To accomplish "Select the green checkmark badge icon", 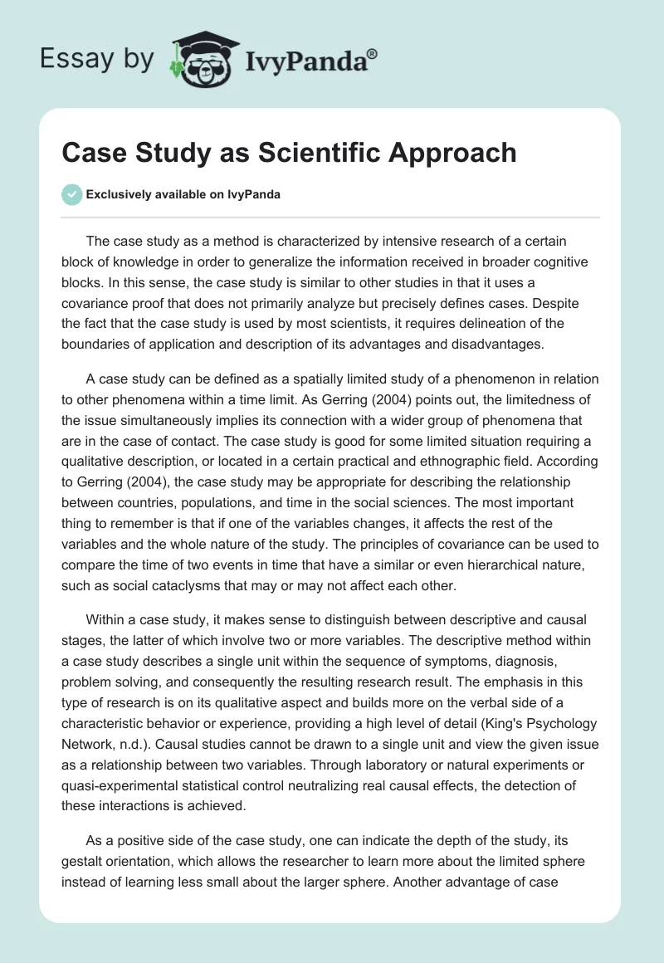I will click(71, 194).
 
